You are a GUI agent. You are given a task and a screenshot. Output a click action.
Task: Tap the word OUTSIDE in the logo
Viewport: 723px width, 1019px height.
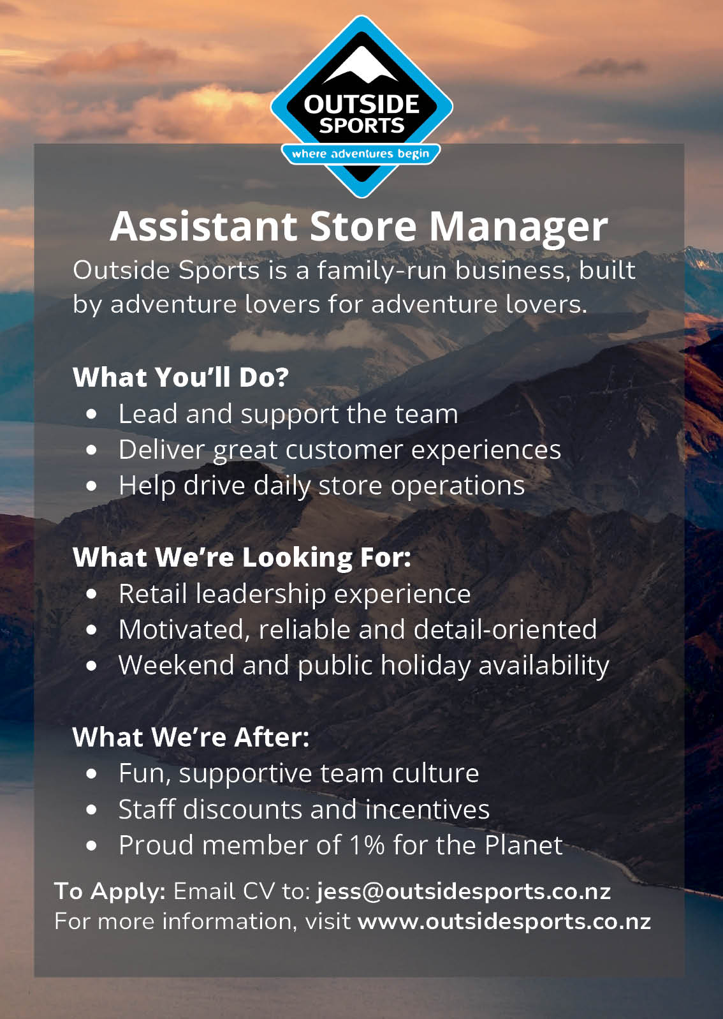pos(361,105)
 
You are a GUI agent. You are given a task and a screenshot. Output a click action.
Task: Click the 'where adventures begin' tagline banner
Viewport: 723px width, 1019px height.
pos(361,154)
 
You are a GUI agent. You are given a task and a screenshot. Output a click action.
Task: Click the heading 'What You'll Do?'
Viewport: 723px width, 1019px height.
pos(181,377)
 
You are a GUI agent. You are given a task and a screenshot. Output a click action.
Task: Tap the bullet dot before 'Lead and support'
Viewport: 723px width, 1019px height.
pos(91,414)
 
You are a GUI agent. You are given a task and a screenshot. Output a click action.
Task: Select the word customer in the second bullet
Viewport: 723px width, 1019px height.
pos(344,450)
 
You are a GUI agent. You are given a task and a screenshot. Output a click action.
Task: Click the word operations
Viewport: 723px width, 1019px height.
pos(458,486)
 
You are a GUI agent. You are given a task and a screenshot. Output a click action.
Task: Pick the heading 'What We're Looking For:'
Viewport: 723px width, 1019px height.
pos(242,558)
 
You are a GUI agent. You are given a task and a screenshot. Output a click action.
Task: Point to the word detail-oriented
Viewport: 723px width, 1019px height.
pos(505,630)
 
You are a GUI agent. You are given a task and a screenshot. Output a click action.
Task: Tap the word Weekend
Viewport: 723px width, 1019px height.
pos(177,666)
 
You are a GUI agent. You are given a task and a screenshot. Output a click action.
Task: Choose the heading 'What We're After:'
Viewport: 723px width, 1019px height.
pos(191,737)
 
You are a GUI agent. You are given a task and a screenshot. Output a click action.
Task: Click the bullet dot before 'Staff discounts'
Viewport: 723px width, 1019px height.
pos(91,810)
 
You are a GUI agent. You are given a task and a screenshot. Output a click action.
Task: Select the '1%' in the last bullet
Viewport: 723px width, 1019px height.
pos(367,845)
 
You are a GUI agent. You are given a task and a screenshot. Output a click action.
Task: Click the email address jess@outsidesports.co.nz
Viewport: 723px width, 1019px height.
pos(464,891)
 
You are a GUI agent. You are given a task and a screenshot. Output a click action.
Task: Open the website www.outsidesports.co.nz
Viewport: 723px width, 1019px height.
pos(504,921)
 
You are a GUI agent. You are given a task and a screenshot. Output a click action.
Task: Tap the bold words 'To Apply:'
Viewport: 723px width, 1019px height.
pos(110,891)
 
